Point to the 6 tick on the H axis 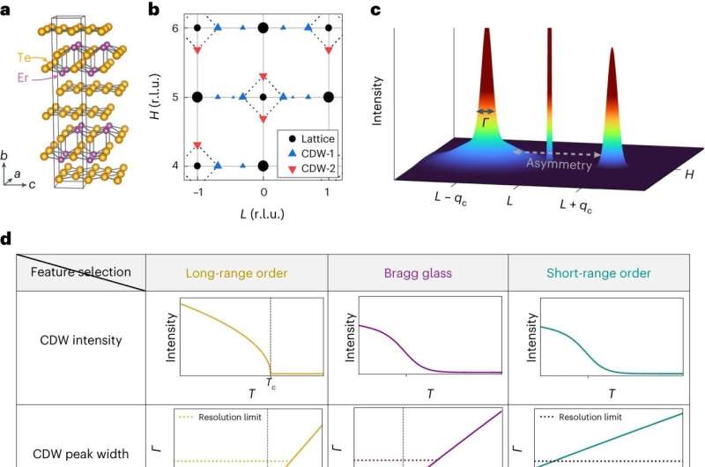174,28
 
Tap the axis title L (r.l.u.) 263,212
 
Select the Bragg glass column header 418,273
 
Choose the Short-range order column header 599,273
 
